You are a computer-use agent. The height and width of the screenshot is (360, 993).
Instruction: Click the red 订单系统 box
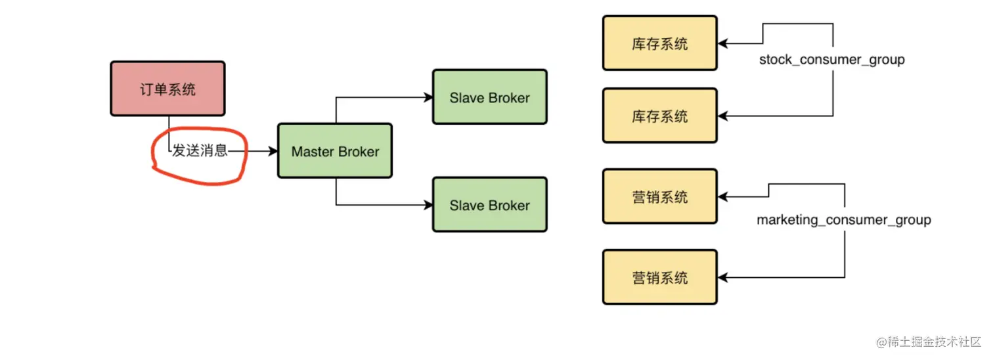167,89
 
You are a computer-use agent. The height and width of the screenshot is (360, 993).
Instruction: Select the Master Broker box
335,151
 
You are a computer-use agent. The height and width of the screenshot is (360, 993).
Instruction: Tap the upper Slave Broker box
489,97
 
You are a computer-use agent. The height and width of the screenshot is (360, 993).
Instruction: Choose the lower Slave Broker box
489,205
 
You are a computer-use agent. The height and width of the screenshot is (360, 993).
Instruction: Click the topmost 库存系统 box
660,43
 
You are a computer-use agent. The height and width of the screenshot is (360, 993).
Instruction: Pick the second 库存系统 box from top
660,116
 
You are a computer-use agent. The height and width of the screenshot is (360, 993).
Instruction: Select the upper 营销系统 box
660,196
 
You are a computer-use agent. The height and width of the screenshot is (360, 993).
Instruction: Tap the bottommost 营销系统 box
660,277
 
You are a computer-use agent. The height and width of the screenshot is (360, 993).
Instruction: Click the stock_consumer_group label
831,60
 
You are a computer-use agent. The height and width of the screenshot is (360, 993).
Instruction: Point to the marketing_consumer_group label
843,220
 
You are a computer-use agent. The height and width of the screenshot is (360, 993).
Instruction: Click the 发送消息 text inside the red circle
200,151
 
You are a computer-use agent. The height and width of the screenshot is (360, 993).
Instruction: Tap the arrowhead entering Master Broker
273,151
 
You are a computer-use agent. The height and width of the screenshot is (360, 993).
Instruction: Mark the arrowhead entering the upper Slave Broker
428,97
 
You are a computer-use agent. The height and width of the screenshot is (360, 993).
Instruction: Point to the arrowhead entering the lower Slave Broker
428,205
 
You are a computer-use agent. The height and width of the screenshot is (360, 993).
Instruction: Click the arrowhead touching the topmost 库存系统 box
723,44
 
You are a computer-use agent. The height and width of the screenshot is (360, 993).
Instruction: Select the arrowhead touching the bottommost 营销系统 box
723,277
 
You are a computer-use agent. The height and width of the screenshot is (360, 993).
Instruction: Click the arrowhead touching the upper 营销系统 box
723,196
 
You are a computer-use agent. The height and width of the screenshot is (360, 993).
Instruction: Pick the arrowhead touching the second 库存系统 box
723,116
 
